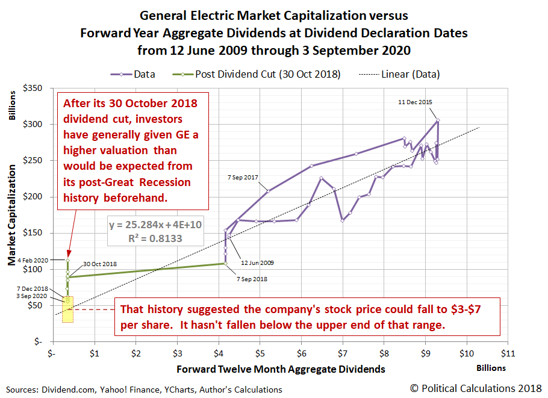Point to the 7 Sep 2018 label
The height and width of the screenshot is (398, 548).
pos(251,279)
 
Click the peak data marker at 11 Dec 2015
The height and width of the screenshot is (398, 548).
pos(438,120)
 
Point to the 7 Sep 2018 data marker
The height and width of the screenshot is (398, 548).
pos(225,263)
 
